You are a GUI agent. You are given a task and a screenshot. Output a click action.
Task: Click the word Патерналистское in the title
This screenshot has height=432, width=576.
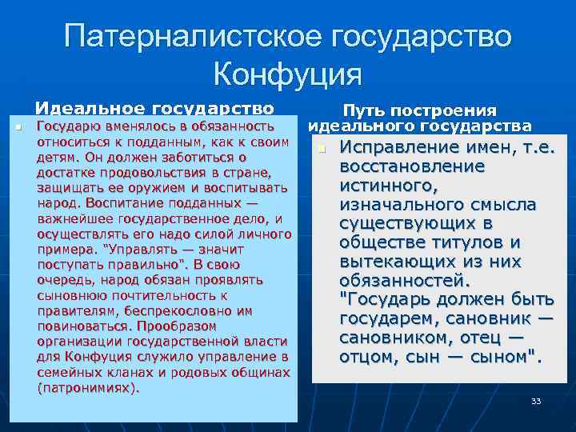click(x=188, y=38)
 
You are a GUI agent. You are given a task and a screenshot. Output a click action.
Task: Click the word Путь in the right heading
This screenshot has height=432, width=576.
click(x=366, y=110)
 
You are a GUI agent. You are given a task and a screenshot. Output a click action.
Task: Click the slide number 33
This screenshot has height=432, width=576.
click(x=536, y=400)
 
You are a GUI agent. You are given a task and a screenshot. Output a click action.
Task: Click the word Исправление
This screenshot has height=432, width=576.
click(x=401, y=148)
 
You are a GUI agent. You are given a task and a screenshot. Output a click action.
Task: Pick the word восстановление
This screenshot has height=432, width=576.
click(x=412, y=166)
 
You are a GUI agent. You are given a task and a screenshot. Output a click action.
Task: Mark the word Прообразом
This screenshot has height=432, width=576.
click(x=175, y=326)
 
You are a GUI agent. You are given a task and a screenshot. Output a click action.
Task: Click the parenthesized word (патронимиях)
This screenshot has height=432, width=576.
click(x=88, y=388)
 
